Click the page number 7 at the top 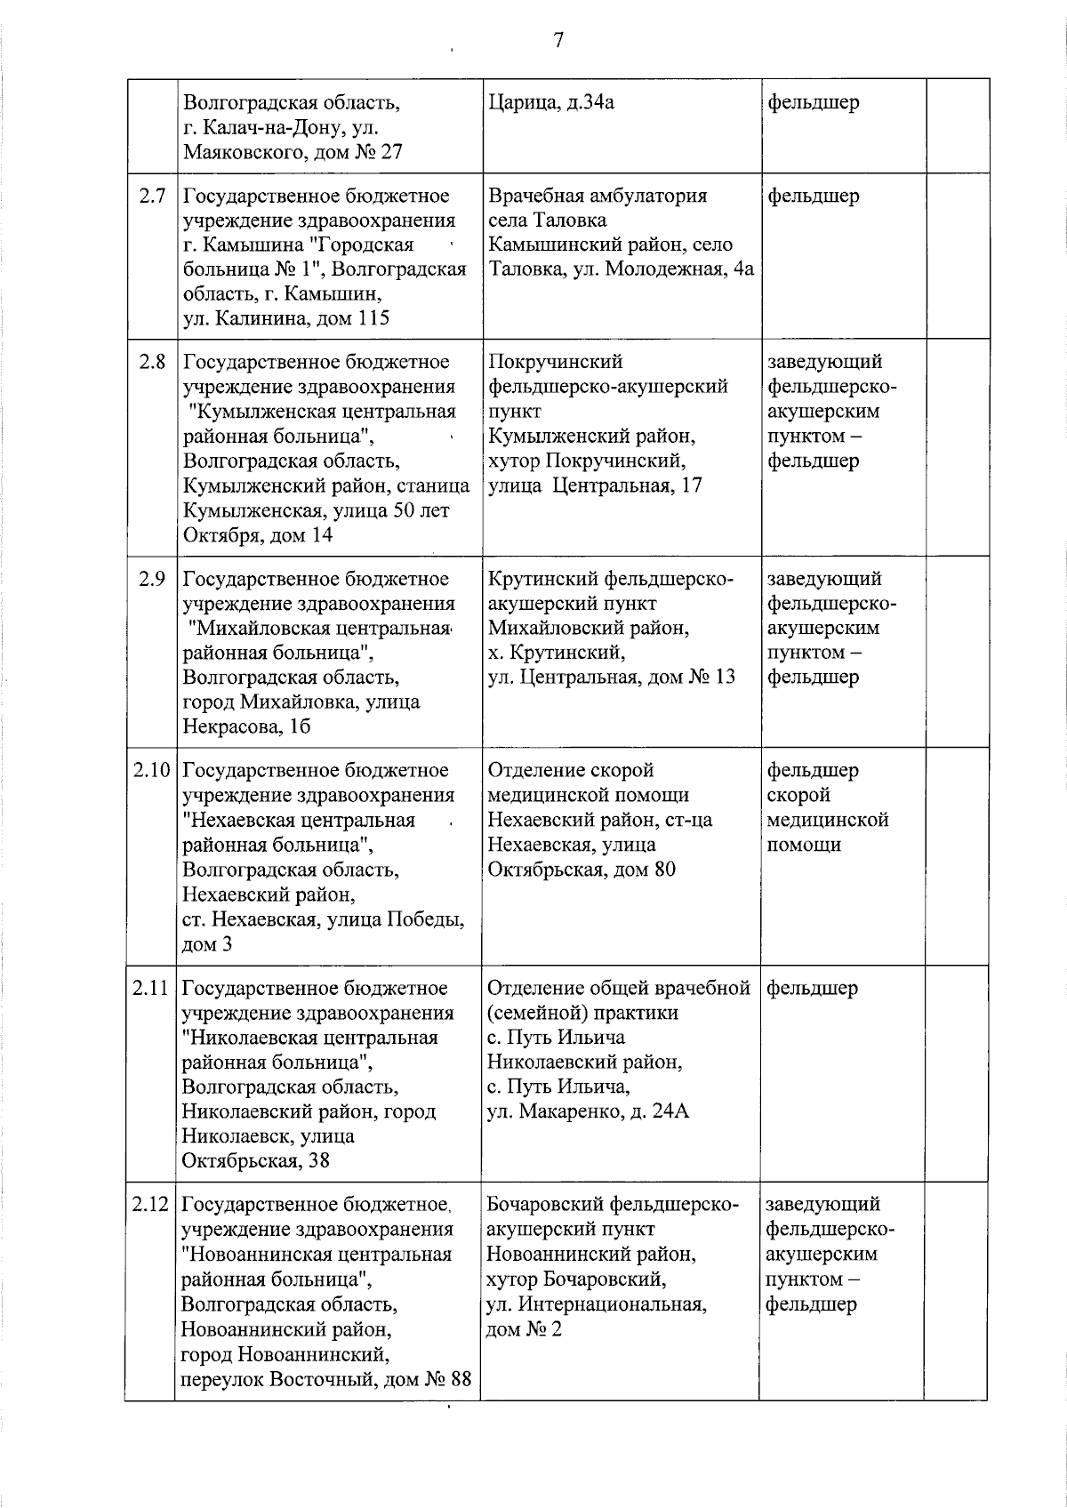[x=558, y=40]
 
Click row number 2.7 [x=152, y=196]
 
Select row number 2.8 [x=152, y=362]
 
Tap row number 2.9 [x=152, y=579]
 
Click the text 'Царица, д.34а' [x=551, y=102]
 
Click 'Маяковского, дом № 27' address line [x=293, y=152]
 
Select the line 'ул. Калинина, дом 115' [x=286, y=318]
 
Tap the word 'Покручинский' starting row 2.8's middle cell [x=556, y=362]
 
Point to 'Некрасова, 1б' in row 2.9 [x=246, y=727]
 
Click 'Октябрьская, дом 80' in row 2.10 [x=582, y=870]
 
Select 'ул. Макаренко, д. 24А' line [x=588, y=1111]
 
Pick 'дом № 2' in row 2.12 [x=524, y=1330]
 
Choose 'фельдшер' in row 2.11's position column [x=812, y=988]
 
